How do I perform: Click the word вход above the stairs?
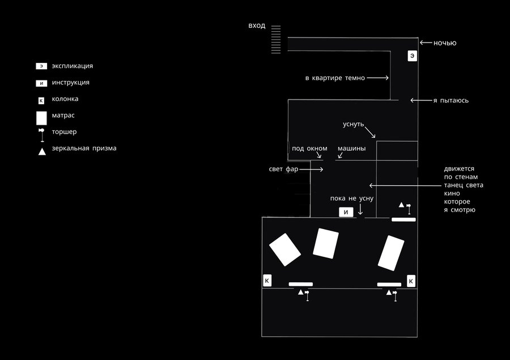tap(257, 26)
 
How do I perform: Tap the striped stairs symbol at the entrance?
tap(276, 40)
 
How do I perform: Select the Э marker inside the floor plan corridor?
tap(413, 56)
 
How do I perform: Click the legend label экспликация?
tap(72, 66)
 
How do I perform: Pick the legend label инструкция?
tap(70, 82)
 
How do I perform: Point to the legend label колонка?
tap(65, 99)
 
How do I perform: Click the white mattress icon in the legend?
tap(41, 118)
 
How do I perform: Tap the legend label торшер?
tap(64, 132)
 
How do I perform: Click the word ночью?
tap(445, 43)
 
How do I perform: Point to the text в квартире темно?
tap(335, 78)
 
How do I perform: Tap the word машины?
tap(351, 149)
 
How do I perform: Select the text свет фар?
tap(283, 170)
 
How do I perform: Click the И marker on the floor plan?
tap(346, 212)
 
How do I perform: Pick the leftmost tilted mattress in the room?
tap(284, 249)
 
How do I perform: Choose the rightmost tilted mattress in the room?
tap(391, 252)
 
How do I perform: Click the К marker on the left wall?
tap(267, 281)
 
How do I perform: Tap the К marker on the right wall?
tap(411, 281)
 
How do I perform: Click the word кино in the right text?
tap(452, 193)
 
